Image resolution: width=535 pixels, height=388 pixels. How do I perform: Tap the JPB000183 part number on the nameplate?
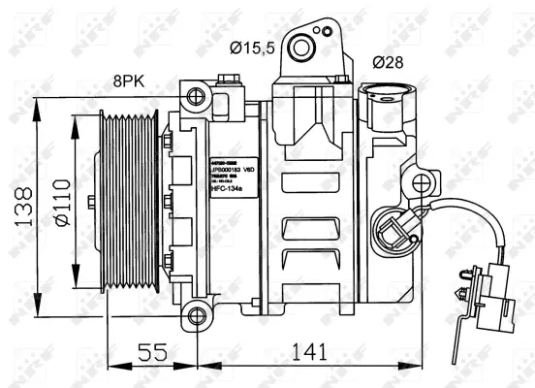[229, 166]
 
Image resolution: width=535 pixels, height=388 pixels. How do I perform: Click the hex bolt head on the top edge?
[228, 80]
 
